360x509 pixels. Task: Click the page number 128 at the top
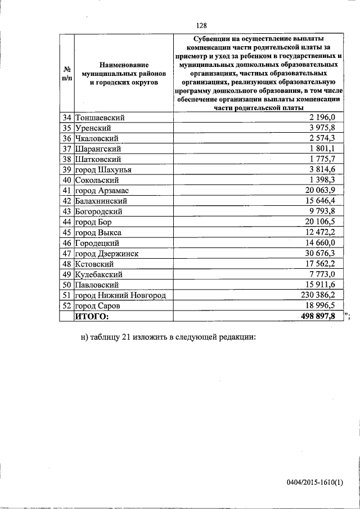[x=202, y=25]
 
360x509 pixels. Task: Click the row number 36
[x=66, y=138]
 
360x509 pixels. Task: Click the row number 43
[x=66, y=211]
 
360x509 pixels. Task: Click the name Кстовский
[x=94, y=264]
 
